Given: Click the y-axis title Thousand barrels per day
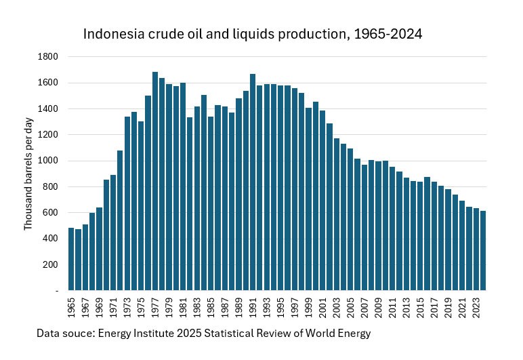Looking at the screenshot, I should [x=28, y=174].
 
